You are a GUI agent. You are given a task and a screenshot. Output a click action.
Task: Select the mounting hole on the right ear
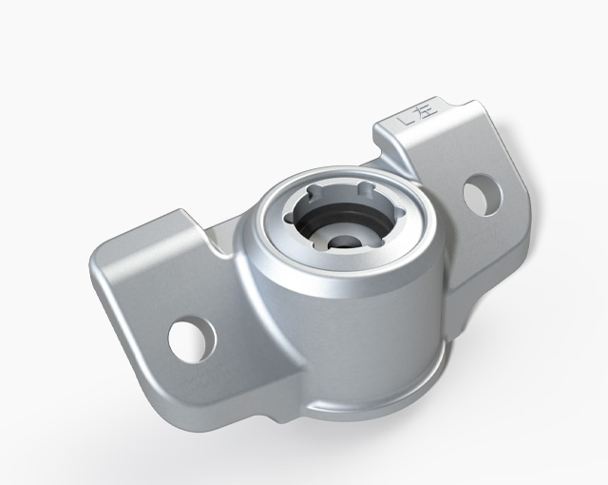482,193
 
